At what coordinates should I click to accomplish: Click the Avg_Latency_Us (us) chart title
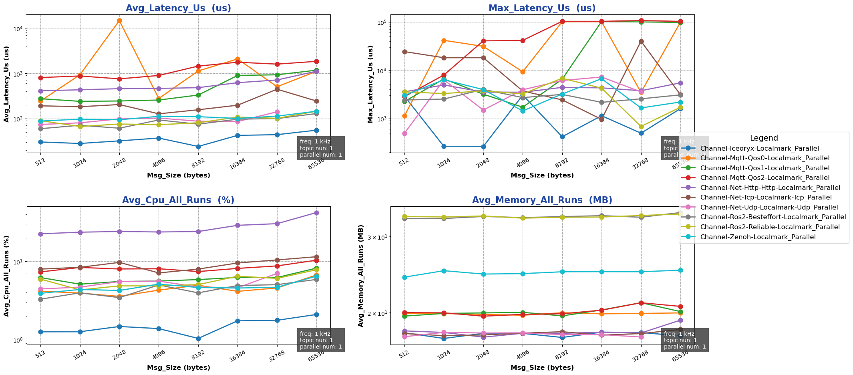[x=178, y=8]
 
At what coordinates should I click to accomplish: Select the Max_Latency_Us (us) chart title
[x=542, y=8]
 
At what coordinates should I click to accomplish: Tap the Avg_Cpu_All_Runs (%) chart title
[x=178, y=200]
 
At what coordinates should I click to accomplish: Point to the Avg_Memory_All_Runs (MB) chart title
[x=542, y=200]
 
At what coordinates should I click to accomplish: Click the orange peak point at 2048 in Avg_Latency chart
[x=119, y=20]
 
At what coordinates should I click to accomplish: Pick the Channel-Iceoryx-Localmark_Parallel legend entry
[x=759, y=148]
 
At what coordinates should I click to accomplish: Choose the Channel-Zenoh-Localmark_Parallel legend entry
[x=758, y=237]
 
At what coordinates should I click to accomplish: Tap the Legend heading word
[x=764, y=138]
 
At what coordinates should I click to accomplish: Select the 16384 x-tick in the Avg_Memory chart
[x=601, y=355]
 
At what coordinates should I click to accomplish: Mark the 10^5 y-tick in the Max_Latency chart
[x=383, y=22]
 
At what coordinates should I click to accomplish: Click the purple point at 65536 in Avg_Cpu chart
[x=316, y=213]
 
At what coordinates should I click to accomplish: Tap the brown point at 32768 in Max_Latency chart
[x=641, y=41]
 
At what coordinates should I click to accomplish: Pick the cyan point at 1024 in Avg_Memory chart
[x=444, y=271]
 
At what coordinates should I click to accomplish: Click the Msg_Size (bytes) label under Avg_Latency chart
[x=178, y=175]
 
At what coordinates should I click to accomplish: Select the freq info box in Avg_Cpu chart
[x=321, y=340]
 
